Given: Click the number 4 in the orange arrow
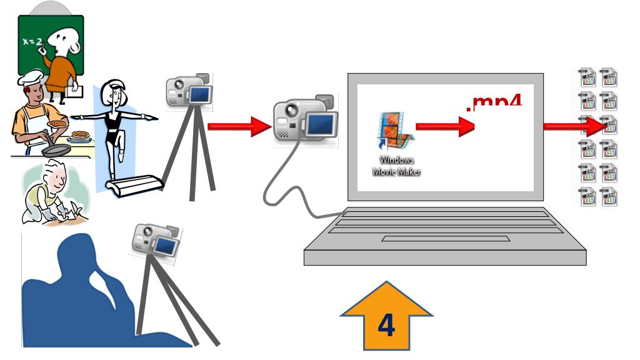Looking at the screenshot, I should tap(386, 326).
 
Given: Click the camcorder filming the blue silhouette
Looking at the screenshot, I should tap(156, 241).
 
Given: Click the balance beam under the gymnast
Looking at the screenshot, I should tap(134, 185).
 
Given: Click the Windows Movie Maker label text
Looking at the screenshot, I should tap(396, 165).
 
